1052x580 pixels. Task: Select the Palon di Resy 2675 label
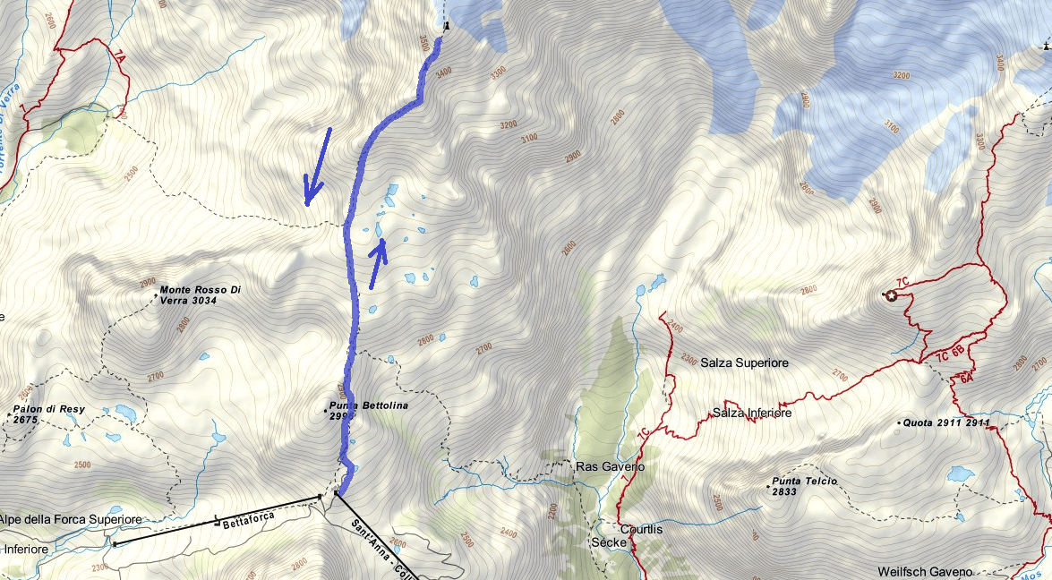(x=48, y=414)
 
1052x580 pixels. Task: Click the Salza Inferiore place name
(x=752, y=413)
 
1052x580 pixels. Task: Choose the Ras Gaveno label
(x=609, y=467)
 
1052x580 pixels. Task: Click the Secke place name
(x=608, y=542)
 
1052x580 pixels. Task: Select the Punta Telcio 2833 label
(x=804, y=486)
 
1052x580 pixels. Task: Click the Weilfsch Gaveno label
(x=924, y=572)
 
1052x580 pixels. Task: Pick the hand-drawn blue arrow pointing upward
(x=378, y=263)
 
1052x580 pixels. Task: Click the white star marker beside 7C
(x=891, y=296)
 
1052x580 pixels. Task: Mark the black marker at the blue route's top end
(x=445, y=27)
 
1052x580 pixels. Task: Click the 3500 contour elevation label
(x=423, y=44)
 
